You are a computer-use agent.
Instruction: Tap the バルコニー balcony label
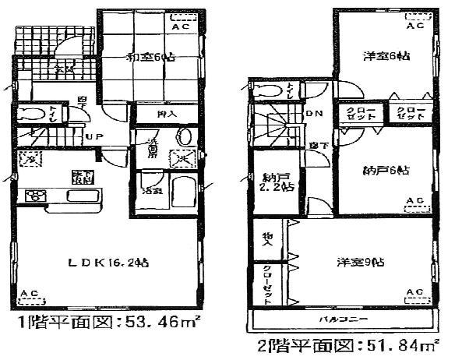pyautogui.click(x=343, y=320)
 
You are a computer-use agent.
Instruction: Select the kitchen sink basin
pyautogui.click(x=82, y=195)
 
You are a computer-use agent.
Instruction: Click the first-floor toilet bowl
pyautogui.click(x=34, y=115)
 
